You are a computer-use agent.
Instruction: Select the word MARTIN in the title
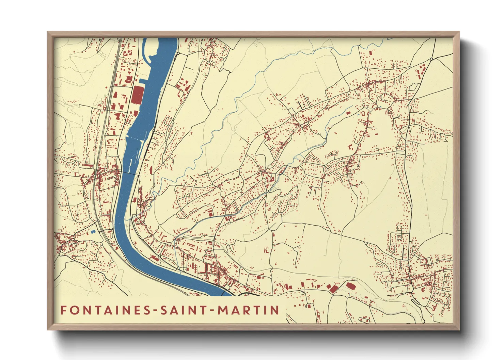click(249, 310)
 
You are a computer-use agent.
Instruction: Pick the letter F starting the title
click(64, 310)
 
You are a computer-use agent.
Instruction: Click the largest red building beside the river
click(137, 95)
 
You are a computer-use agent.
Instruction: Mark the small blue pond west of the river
click(93, 232)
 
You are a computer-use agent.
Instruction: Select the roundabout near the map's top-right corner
click(431, 59)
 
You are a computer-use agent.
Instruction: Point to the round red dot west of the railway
click(106, 87)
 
